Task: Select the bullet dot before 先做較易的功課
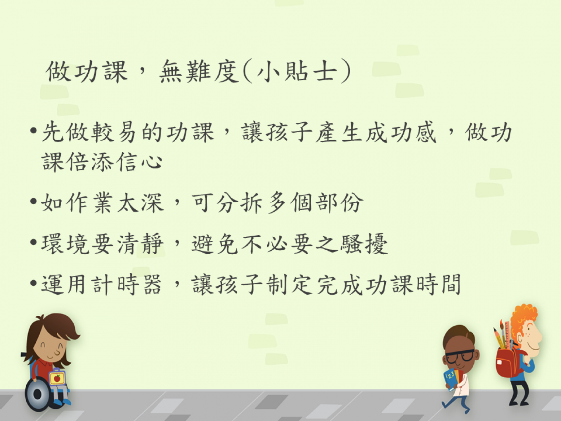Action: (x=34, y=130)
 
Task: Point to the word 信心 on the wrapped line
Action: (x=139, y=161)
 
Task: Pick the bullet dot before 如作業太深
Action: (x=34, y=201)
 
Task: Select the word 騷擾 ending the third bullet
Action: (x=364, y=244)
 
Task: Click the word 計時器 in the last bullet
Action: (x=126, y=284)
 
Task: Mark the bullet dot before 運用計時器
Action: (x=34, y=283)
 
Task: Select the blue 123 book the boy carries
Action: (x=450, y=379)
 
